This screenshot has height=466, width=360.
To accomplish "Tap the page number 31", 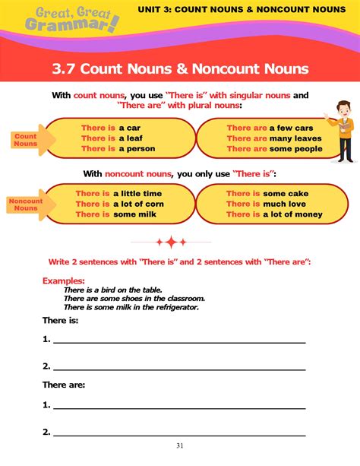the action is coord(180,445).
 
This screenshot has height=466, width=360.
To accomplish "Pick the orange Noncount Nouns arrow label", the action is coord(26,204).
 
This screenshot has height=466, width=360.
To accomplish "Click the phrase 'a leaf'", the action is coord(132,138).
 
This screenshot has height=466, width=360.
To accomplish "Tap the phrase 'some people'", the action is coord(296,149).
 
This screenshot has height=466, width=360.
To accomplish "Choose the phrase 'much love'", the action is coord(285,204).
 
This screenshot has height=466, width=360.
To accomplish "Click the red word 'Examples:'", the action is coord(64,281).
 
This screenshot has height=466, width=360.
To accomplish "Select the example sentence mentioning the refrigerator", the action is coord(134,306).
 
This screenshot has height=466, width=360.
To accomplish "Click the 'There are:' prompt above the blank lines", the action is coord(63,385).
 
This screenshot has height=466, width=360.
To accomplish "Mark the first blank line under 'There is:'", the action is coord(178,341).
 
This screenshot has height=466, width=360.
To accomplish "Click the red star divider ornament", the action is coord(172,243).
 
